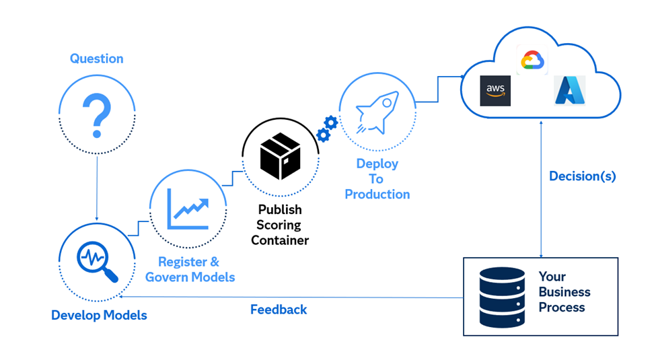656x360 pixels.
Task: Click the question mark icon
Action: pyautogui.click(x=97, y=112)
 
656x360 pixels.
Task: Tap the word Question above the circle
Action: pyautogui.click(x=96, y=59)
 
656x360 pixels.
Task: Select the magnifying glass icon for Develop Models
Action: pyautogui.click(x=97, y=260)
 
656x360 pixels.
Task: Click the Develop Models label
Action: pyautogui.click(x=99, y=314)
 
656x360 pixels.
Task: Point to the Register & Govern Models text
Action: pyautogui.click(x=190, y=269)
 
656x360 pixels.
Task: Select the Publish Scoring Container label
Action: pyautogui.click(x=280, y=225)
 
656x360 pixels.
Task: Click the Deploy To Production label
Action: pyautogui.click(x=377, y=179)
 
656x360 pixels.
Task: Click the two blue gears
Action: pyautogui.click(x=327, y=128)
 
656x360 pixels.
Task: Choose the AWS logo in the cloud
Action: pyautogui.click(x=495, y=91)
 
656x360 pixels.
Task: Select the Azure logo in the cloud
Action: pyautogui.click(x=569, y=90)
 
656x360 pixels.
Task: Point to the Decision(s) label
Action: pyautogui.click(x=582, y=176)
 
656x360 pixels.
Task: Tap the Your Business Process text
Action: pyautogui.click(x=564, y=292)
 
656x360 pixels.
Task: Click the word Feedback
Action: pyautogui.click(x=279, y=310)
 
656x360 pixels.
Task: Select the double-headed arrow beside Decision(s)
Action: pyautogui.click(x=542, y=188)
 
